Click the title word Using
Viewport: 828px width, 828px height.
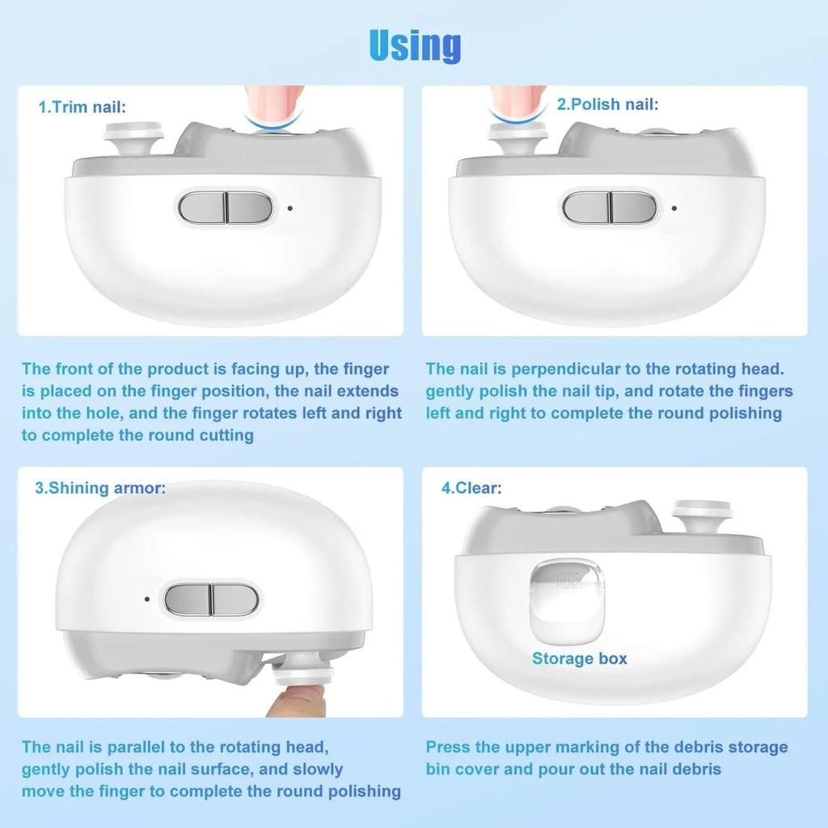415,45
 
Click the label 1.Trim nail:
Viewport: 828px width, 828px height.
82,107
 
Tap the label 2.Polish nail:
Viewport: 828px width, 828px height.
607,104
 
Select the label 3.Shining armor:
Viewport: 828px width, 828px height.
100,488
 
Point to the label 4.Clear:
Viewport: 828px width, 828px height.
471,488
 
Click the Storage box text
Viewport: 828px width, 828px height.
579,659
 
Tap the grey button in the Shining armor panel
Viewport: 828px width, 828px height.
211,599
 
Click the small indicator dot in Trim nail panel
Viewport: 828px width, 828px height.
290,208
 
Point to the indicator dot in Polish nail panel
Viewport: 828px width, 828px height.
674,208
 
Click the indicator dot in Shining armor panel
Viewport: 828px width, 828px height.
147,599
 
